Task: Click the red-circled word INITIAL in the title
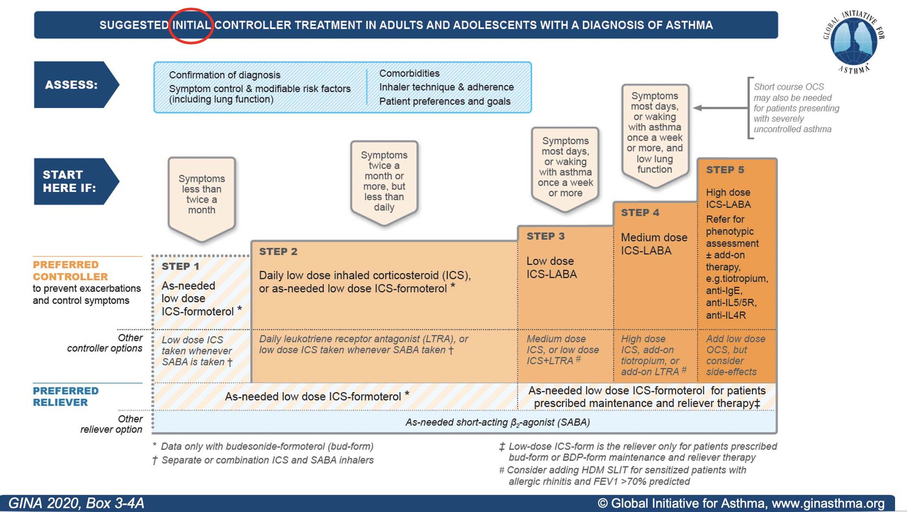pyautogui.click(x=191, y=25)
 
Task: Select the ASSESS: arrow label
pyautogui.click(x=72, y=85)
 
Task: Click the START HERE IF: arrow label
pyautogui.click(x=70, y=181)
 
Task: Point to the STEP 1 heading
pyautogui.click(x=180, y=266)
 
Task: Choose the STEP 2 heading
pyautogui.click(x=278, y=252)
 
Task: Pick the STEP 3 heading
pyautogui.click(x=545, y=236)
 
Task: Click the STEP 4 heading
pyautogui.click(x=640, y=213)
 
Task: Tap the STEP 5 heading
pyautogui.click(x=725, y=170)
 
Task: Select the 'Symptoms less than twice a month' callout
pyautogui.click(x=202, y=195)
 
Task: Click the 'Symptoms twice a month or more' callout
pyautogui.click(x=384, y=181)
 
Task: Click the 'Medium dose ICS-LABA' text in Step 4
pyautogui.click(x=654, y=244)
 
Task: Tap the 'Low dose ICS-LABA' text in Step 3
pyautogui.click(x=551, y=268)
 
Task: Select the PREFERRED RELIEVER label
pyautogui.click(x=66, y=396)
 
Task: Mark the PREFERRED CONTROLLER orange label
pyautogui.click(x=70, y=271)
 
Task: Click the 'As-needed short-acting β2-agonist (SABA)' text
pyautogui.click(x=497, y=423)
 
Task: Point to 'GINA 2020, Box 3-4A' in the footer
pyautogui.click(x=76, y=504)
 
